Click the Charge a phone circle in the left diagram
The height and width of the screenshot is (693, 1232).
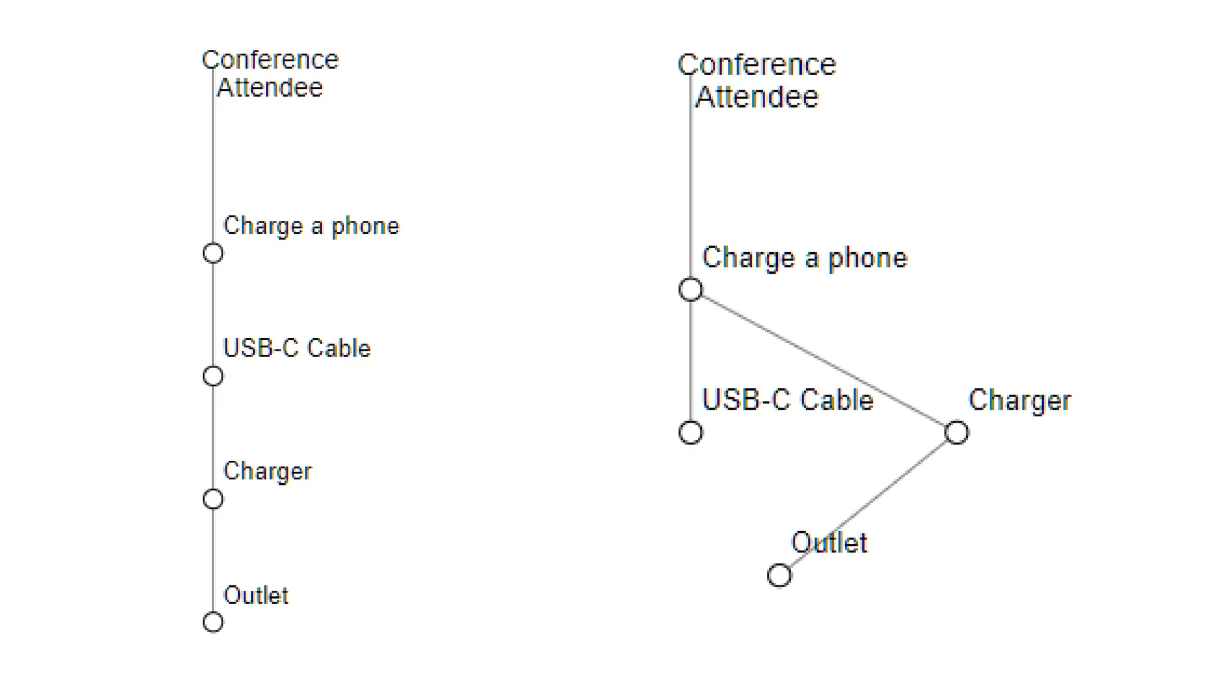[x=213, y=253]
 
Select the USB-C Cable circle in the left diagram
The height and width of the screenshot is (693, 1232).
[x=213, y=377]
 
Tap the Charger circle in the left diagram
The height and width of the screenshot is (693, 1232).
[x=213, y=499]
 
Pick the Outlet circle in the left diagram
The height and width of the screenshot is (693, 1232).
[x=213, y=622]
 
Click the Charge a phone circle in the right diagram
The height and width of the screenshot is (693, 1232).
[x=691, y=289]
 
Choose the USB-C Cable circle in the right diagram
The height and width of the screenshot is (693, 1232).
[x=691, y=433]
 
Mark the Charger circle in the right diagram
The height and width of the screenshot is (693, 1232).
[x=956, y=433]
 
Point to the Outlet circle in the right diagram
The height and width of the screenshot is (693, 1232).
[x=779, y=576]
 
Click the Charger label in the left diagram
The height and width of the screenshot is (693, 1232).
[x=268, y=472]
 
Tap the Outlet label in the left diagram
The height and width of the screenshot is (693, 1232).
[x=256, y=596]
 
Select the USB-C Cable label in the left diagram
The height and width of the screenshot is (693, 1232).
[x=297, y=348]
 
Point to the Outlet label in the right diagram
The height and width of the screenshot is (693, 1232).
[x=829, y=543]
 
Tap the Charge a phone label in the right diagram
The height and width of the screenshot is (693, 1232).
[x=804, y=258]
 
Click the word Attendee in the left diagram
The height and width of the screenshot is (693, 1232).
[x=270, y=88]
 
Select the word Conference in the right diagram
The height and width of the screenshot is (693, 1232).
[x=757, y=65]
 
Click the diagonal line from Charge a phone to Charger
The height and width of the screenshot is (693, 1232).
[x=824, y=361]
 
